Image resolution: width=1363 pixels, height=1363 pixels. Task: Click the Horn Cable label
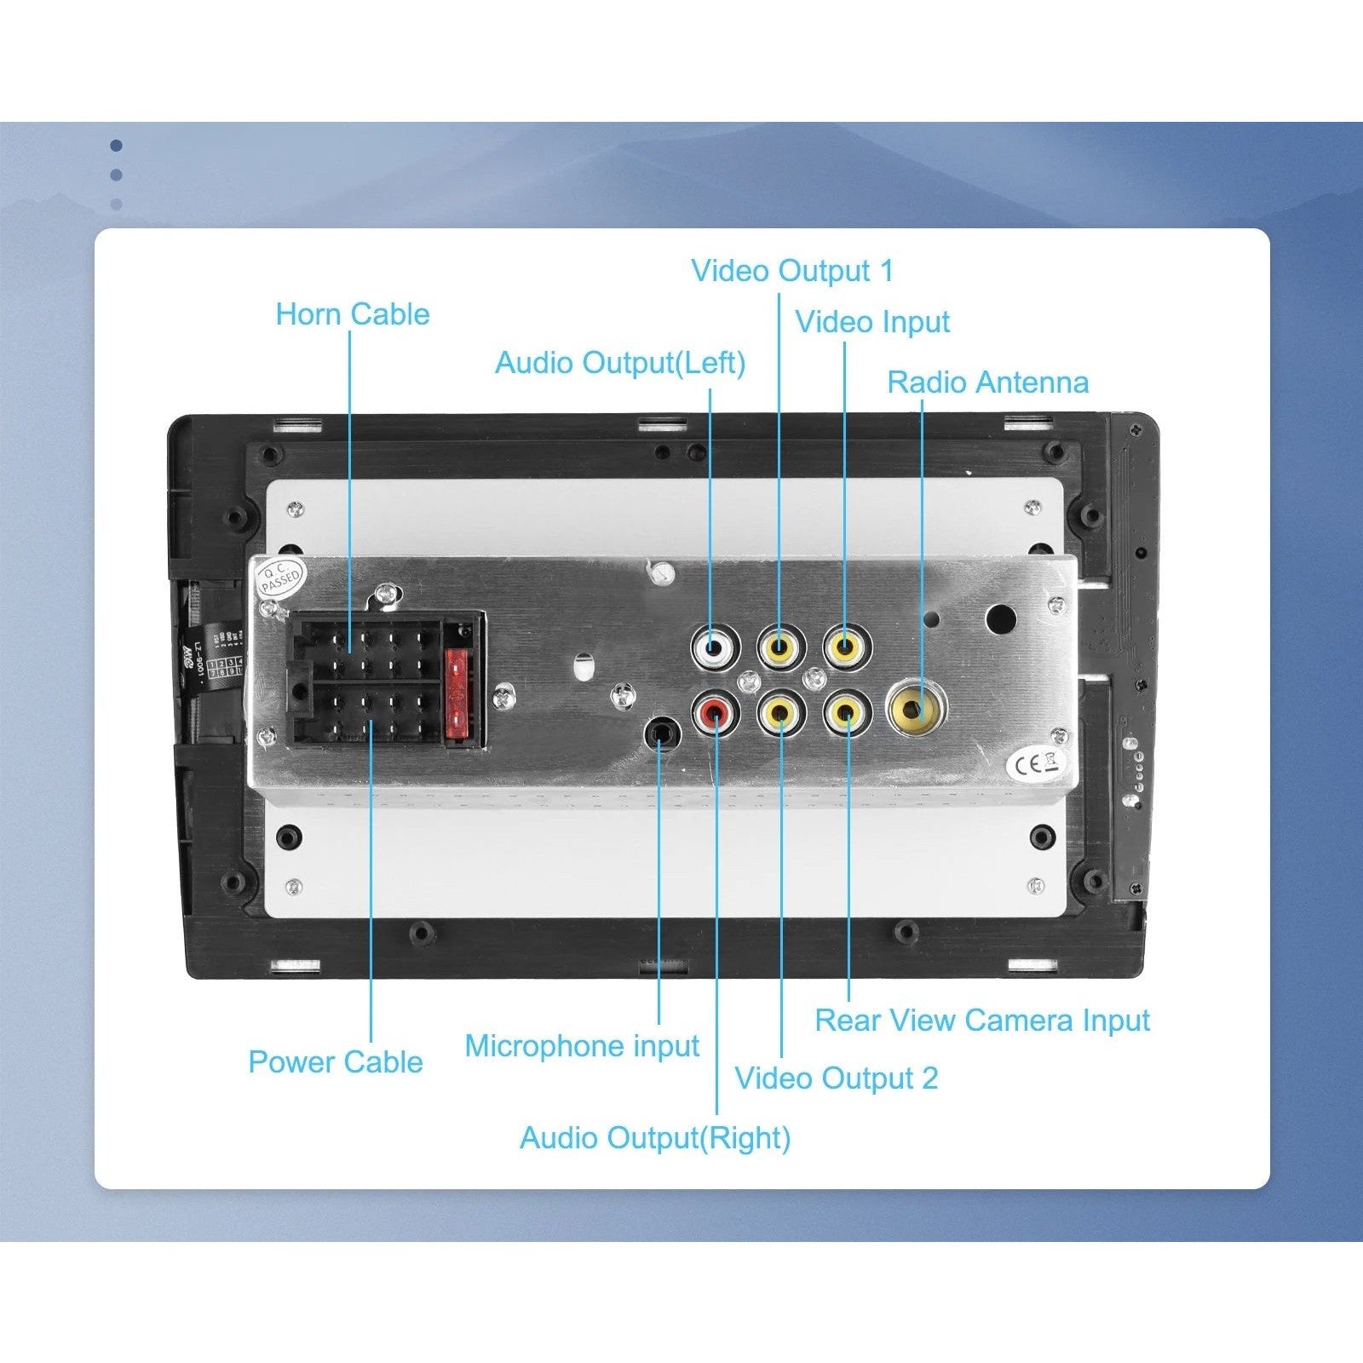click(x=352, y=314)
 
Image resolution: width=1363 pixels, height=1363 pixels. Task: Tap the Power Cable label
click(x=335, y=1062)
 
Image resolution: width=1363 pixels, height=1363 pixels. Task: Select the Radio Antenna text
click(x=987, y=382)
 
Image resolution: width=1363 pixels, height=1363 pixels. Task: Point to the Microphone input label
click(x=582, y=1046)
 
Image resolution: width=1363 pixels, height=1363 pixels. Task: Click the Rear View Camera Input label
click(x=982, y=1021)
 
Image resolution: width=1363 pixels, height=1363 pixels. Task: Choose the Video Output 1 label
click(x=792, y=271)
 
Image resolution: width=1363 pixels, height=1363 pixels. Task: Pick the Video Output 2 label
click(x=837, y=1078)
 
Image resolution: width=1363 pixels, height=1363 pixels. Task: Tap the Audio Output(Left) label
click(x=620, y=363)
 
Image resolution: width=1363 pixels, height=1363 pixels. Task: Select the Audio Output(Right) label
click(x=655, y=1138)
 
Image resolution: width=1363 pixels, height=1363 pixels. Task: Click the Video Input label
click(x=872, y=322)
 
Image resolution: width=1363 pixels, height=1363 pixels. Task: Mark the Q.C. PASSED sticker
click(x=280, y=578)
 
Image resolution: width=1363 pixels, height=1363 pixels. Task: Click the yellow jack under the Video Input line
click(x=846, y=647)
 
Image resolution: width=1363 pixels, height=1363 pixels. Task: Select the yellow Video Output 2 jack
click(x=780, y=712)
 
